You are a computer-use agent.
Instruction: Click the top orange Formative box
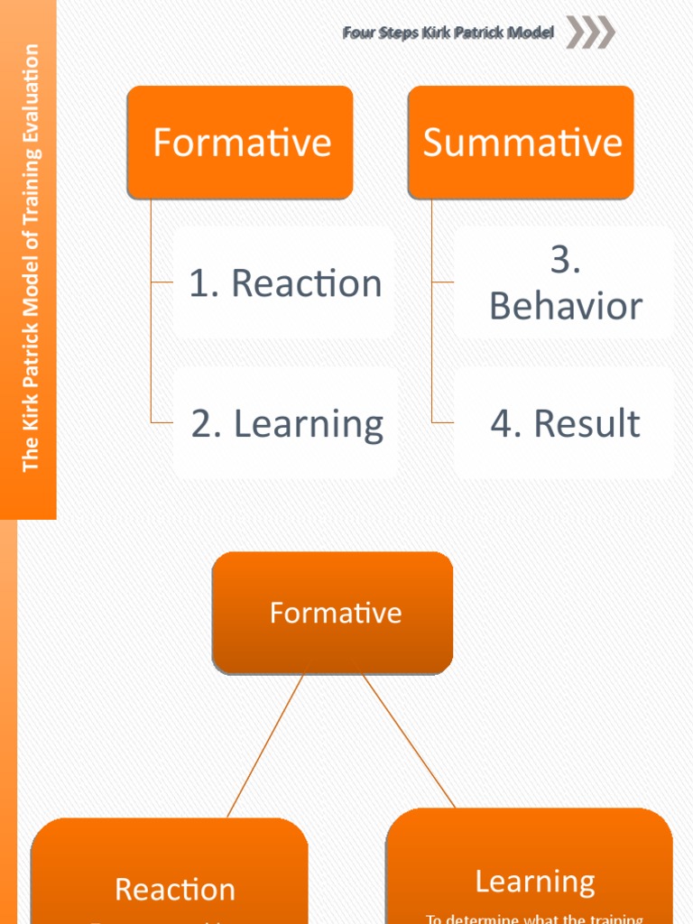coord(240,143)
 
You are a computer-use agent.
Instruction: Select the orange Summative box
coord(522,143)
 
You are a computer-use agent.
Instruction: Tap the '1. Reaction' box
coord(284,283)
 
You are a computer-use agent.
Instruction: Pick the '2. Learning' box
coord(286,423)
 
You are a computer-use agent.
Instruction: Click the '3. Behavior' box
coord(565,283)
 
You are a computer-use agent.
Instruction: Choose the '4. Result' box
coord(565,423)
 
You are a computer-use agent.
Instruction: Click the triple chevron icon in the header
coord(590,33)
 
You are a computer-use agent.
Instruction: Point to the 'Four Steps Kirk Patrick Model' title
coord(448,33)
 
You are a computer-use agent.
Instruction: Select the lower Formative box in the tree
coord(333,614)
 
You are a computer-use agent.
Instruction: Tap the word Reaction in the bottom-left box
coord(174,890)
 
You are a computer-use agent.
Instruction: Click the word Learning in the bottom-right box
coord(534,882)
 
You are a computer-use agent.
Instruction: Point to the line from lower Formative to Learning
coord(408,740)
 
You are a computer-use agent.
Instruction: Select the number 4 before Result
coord(502,423)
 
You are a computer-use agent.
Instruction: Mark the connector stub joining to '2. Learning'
coord(162,422)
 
